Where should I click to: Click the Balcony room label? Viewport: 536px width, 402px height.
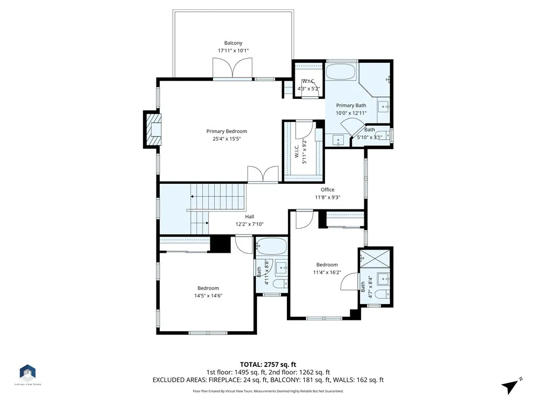point(233,43)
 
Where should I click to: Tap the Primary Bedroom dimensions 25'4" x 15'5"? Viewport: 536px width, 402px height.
point(226,139)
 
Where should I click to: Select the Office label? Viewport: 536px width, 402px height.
point(328,189)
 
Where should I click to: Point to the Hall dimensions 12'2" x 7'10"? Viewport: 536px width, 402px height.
point(249,224)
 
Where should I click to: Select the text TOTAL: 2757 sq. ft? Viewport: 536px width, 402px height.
point(268,364)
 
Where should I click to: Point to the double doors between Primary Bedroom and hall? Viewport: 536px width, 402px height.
point(263,175)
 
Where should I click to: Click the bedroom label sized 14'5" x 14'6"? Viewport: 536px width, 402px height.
point(208,288)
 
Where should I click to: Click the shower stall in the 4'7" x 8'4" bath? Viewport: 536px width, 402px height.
point(375,258)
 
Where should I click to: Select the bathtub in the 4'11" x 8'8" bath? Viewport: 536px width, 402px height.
point(271,246)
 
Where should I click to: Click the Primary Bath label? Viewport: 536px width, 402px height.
point(351,105)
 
